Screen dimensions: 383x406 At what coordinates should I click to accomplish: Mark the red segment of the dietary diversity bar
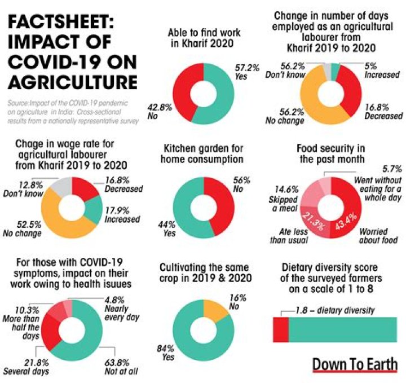click(x=281, y=329)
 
